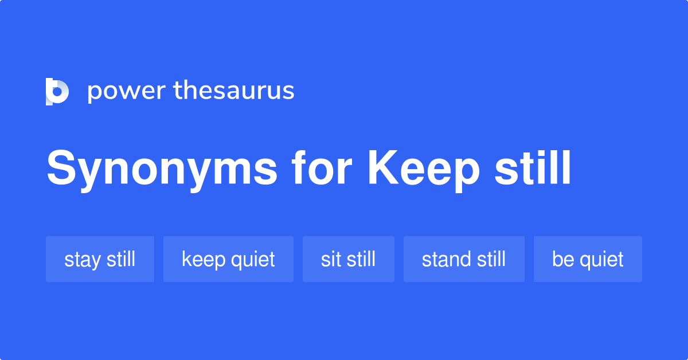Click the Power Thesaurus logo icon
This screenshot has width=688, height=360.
(57, 91)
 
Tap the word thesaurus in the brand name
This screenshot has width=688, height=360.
(234, 91)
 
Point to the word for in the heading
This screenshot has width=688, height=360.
(320, 169)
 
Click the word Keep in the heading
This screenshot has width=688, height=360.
(424, 169)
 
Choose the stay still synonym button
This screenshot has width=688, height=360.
(100, 259)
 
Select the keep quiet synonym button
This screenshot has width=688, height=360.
(228, 259)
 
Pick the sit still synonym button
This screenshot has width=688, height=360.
(348, 259)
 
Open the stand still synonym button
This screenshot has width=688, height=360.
(464, 259)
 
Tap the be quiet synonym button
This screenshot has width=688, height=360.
(588, 259)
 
